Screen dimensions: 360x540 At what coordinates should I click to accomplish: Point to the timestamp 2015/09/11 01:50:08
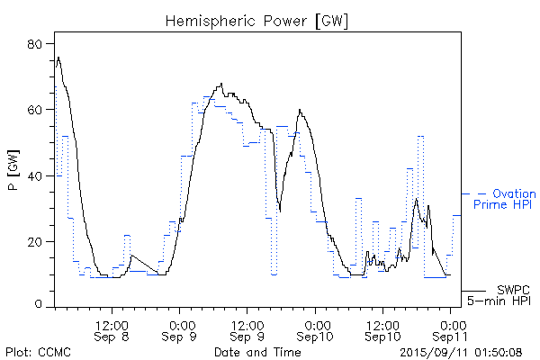click(x=460, y=350)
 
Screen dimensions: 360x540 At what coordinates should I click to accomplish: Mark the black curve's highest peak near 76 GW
click(x=58, y=58)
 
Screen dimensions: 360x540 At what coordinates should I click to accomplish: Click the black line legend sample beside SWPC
click(x=474, y=291)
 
